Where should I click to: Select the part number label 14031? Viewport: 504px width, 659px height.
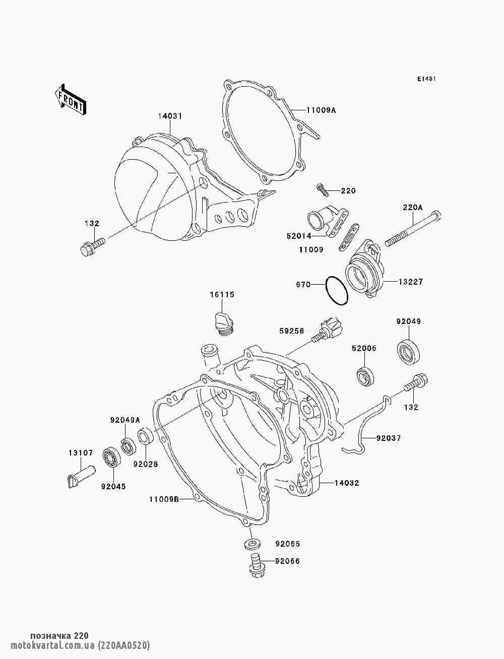[x=170, y=116]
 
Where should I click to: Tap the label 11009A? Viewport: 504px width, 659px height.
[x=320, y=109]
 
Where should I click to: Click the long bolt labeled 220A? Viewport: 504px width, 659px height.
[x=413, y=229]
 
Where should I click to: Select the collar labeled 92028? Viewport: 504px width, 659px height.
[x=145, y=436]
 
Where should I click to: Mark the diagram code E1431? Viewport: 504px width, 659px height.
[x=426, y=79]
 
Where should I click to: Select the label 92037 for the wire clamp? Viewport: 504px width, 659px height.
[x=388, y=438]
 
